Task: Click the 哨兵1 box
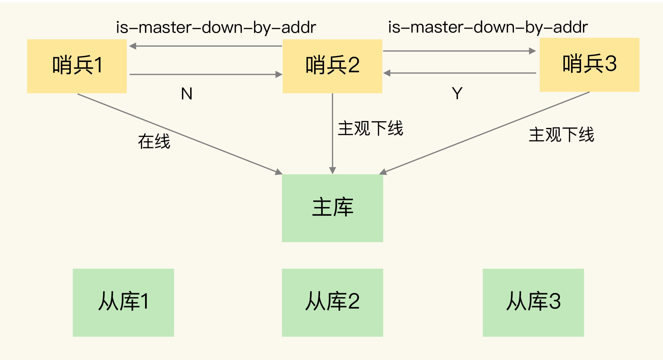point(77,66)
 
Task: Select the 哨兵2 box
point(332,66)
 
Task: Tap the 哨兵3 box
point(589,65)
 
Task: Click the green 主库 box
point(332,208)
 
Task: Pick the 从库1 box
point(123,302)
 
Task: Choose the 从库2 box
point(332,302)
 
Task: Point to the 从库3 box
point(533,302)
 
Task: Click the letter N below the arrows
point(187,94)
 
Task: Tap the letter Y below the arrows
point(457,93)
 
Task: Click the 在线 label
point(154,141)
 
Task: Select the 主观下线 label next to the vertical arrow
point(370,128)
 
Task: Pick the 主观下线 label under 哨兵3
point(561,135)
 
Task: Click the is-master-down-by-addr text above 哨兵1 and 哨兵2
point(216,27)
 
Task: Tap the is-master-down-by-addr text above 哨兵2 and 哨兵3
point(488,27)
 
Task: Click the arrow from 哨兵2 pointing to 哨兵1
point(206,46)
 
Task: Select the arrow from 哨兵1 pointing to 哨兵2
point(206,75)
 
